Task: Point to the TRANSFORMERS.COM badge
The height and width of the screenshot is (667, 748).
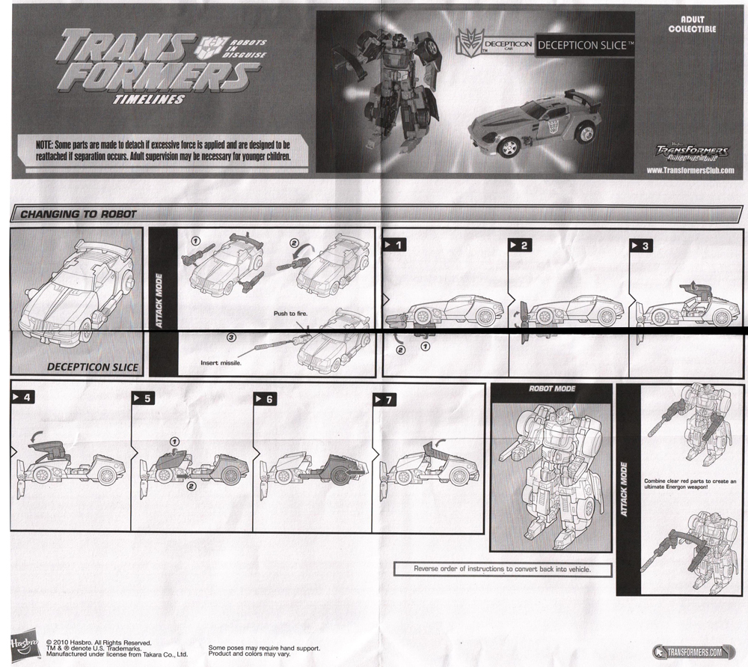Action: coord(695,652)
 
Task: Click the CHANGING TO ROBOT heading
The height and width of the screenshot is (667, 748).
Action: coord(78,214)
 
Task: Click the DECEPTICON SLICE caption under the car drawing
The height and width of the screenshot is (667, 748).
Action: coord(92,367)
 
